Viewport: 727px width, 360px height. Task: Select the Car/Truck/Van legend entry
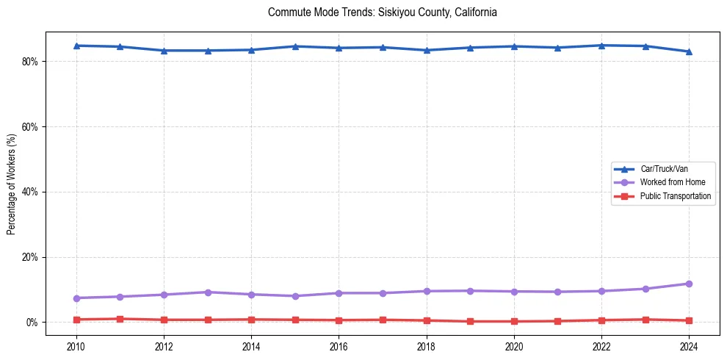(664, 169)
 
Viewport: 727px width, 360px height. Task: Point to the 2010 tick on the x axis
(76, 345)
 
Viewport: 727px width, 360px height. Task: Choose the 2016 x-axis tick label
(339, 345)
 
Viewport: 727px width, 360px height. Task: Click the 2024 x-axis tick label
(689, 345)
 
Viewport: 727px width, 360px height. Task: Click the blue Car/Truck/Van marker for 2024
(689, 51)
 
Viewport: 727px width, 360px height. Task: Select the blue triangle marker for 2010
(76, 46)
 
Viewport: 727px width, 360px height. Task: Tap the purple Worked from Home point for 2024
(689, 284)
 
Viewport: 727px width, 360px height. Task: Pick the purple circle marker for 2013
(208, 292)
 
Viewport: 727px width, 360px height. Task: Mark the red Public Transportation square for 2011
(120, 319)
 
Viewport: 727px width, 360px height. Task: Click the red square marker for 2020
(514, 321)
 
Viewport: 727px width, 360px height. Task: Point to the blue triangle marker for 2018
(427, 50)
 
